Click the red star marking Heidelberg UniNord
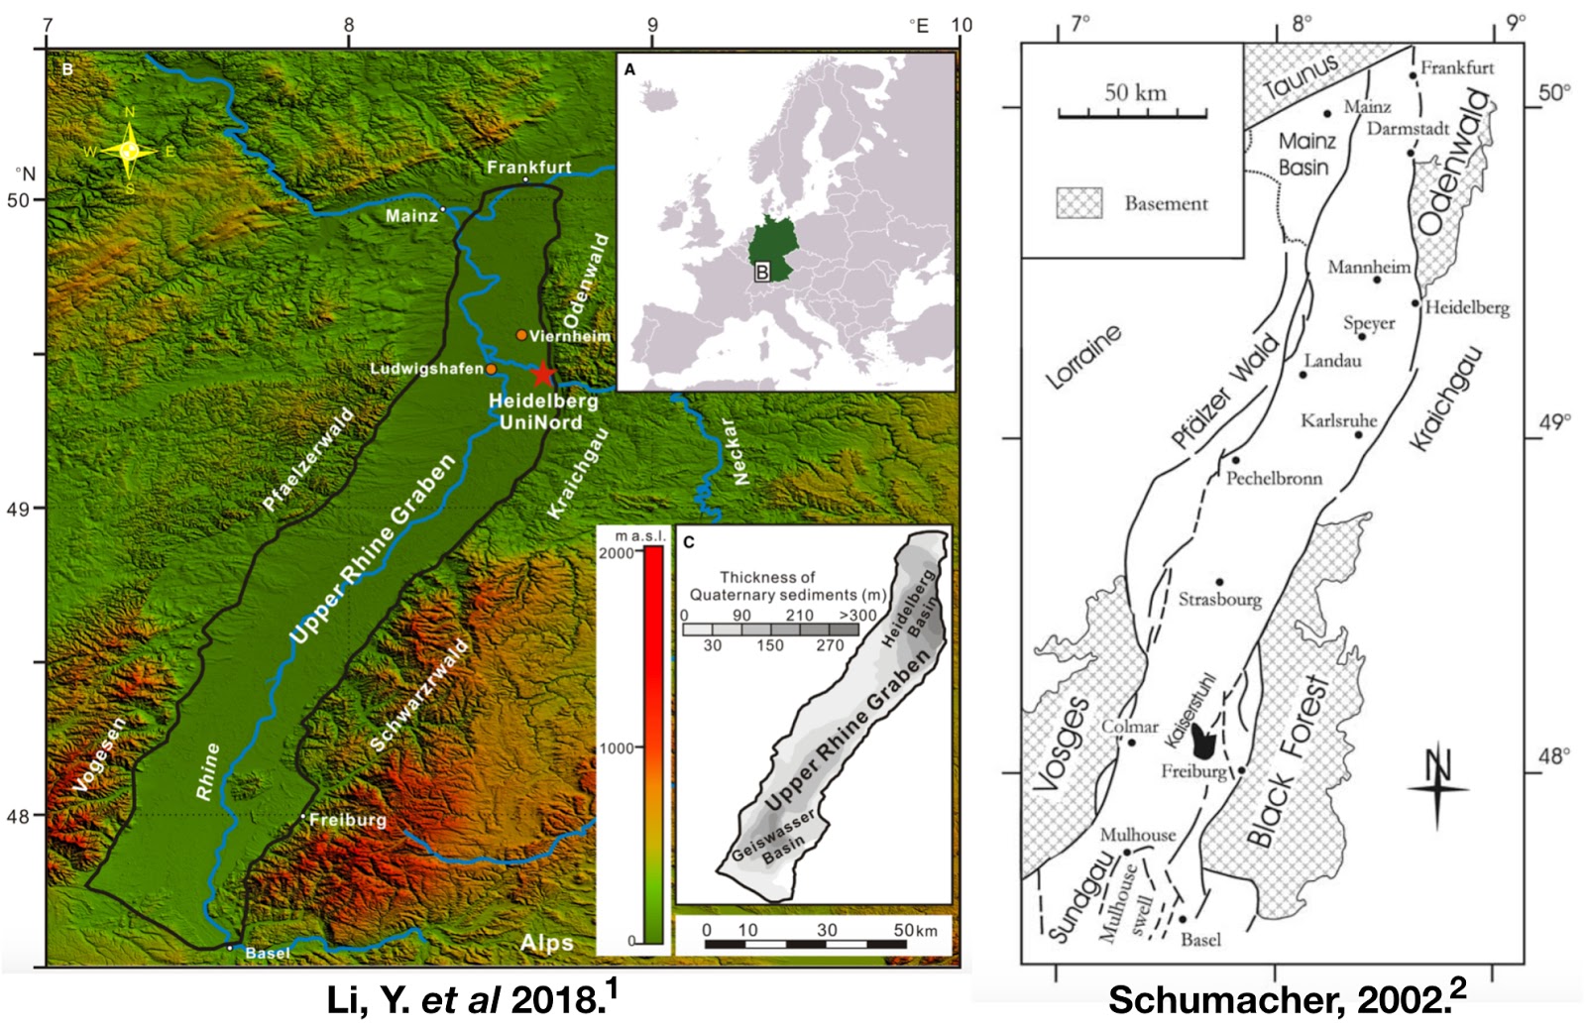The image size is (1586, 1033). pos(542,374)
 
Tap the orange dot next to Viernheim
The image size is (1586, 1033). pos(521,335)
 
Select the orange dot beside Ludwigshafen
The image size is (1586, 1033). pos(491,369)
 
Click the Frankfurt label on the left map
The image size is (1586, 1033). pos(528,167)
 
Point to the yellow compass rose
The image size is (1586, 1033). pos(129,152)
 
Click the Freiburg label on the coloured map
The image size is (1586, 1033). pos(348,820)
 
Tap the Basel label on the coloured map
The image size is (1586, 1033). pos(267,953)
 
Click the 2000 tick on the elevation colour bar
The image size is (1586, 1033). pos(618,552)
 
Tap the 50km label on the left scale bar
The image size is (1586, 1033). pos(915,930)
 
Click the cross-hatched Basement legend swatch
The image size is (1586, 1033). pos(1079,203)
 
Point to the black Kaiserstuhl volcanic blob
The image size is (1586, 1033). pos(1204,739)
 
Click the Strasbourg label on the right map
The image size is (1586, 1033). pos(1220,599)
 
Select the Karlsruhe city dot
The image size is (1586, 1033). pos(1359,434)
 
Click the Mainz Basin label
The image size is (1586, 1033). pos(1305,154)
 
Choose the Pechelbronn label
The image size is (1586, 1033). pos(1274,478)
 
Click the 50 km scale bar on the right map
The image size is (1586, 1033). pos(1133,115)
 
